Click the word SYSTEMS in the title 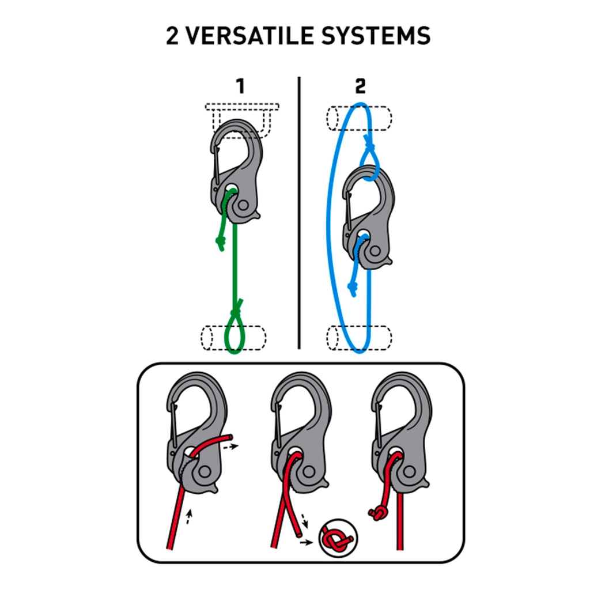[376, 36]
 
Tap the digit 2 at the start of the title [172, 36]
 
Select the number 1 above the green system [240, 86]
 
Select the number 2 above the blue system [360, 86]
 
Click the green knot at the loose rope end [220, 243]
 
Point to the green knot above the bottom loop [236, 310]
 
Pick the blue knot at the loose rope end [353, 288]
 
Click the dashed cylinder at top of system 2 [359, 119]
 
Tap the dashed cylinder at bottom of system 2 [359, 338]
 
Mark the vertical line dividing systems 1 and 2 [299, 213]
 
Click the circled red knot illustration [338, 538]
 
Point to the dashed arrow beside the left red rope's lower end [189, 517]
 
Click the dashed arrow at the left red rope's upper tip [230, 447]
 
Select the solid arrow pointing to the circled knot [307, 542]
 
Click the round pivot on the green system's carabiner [244, 206]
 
